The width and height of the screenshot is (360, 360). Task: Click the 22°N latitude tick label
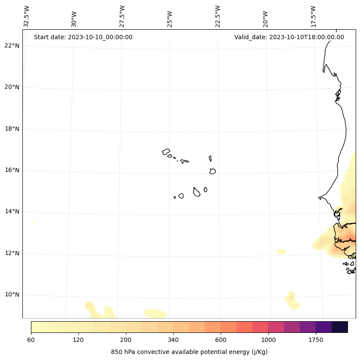(12, 46)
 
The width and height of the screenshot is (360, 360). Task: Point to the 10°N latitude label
(12, 295)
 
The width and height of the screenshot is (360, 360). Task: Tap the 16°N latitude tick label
(12, 170)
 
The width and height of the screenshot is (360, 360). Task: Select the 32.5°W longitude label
(27, 16)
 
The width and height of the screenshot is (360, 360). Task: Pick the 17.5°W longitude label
(314, 16)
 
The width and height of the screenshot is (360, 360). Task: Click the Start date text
(83, 37)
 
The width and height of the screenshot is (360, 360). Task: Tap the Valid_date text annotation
(289, 37)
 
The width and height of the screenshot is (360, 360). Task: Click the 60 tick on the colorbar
(31, 340)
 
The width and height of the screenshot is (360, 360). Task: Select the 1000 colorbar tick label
(268, 340)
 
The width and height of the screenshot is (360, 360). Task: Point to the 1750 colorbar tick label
(316, 340)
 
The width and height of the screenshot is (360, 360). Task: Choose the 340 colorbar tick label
(173, 340)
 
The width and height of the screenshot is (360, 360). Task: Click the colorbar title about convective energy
(189, 352)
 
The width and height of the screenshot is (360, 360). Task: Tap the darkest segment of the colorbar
(340, 327)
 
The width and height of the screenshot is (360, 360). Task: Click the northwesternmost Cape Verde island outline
(166, 152)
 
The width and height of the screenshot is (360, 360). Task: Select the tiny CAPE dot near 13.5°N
(34, 222)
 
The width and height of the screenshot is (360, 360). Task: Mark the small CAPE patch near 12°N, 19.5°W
(281, 251)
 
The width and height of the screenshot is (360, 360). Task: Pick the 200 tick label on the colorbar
(126, 340)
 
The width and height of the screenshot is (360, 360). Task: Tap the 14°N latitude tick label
(12, 211)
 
